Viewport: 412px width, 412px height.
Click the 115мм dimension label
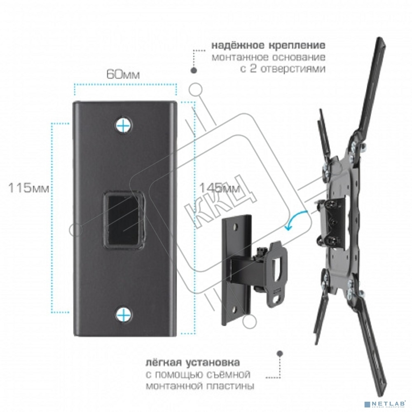pos(29,189)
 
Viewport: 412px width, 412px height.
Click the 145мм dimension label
pos(219,188)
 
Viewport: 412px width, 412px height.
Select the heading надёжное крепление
pos(269,45)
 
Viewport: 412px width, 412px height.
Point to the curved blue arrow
pos(298,219)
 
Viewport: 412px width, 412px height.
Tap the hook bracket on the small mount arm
pos(275,272)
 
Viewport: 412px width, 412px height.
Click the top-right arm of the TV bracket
pos(369,87)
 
